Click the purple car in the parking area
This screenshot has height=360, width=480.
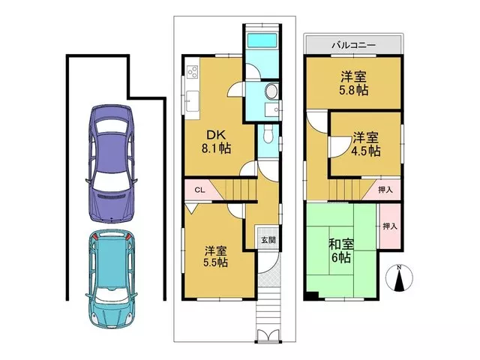click(111, 163)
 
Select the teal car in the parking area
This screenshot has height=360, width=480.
click(112, 279)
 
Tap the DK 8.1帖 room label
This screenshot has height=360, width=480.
click(216, 142)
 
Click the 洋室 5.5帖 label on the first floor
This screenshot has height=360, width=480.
click(216, 256)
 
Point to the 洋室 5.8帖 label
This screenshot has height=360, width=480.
click(354, 83)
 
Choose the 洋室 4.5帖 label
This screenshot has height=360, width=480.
click(366, 144)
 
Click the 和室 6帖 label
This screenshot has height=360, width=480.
click(341, 251)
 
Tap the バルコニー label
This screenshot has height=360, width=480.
click(354, 46)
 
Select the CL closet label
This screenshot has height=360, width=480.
click(199, 190)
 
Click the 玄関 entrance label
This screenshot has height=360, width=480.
click(268, 240)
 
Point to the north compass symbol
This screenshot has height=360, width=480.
click(399, 277)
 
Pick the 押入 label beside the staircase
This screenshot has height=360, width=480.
click(385, 190)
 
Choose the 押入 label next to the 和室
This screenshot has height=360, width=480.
click(390, 226)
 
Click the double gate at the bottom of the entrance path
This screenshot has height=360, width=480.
click(268, 335)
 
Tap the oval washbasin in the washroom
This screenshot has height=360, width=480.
click(271, 91)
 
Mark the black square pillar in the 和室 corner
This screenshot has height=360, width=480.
click(311, 296)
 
